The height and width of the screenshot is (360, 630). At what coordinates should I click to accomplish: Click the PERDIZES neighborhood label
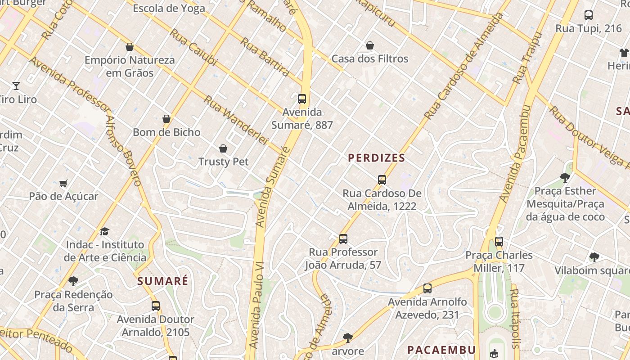pyautogui.click(x=377, y=158)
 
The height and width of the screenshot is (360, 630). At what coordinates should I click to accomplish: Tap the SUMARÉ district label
pyautogui.click(x=163, y=281)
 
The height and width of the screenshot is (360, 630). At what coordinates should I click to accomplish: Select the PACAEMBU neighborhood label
pyautogui.click(x=441, y=350)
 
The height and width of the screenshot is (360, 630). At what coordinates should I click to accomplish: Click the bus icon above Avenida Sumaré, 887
pyautogui.click(x=302, y=99)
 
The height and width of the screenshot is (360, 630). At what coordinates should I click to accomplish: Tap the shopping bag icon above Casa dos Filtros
pyautogui.click(x=370, y=45)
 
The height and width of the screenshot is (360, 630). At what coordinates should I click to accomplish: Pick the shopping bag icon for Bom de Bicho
pyautogui.click(x=166, y=119)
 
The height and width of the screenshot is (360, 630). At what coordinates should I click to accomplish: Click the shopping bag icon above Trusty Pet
pyautogui.click(x=223, y=148)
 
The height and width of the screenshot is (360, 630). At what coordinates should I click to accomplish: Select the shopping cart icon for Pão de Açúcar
pyautogui.click(x=63, y=183)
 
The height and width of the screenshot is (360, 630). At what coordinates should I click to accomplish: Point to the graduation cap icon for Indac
pyautogui.click(x=105, y=231)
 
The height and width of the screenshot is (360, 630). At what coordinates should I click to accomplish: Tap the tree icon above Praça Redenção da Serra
pyautogui.click(x=73, y=281)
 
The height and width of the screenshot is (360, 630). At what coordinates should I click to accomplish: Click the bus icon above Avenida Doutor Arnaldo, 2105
pyautogui.click(x=156, y=306)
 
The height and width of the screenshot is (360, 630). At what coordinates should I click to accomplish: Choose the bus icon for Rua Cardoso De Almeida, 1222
pyautogui.click(x=382, y=180)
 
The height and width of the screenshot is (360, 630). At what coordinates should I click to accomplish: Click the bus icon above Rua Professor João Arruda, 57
pyautogui.click(x=343, y=239)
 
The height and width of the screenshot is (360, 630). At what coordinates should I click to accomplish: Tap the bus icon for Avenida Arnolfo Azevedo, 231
pyautogui.click(x=427, y=288)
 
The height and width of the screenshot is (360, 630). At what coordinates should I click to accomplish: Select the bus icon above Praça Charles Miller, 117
pyautogui.click(x=499, y=242)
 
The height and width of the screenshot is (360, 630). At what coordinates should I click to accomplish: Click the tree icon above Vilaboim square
pyautogui.click(x=594, y=257)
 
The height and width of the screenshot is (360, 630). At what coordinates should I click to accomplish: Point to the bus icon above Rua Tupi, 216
pyautogui.click(x=589, y=15)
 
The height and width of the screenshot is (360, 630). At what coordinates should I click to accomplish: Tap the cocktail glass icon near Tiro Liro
pyautogui.click(x=16, y=85)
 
